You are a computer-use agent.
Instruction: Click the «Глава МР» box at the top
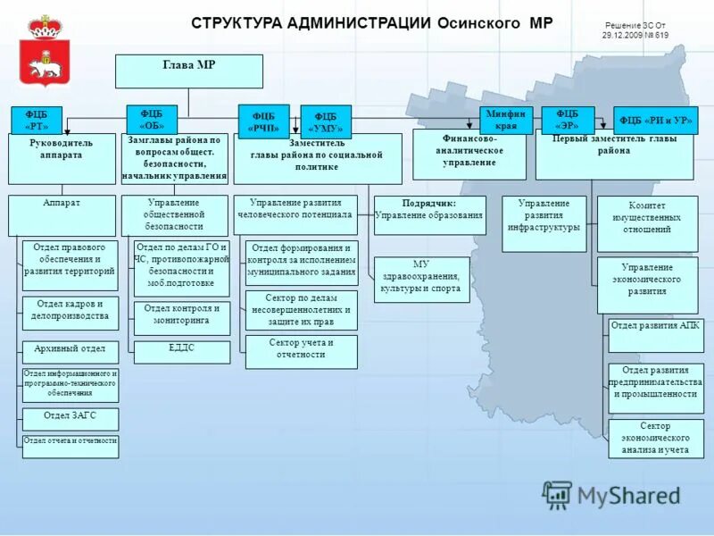[x=189, y=71]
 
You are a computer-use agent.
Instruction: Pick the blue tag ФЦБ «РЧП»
[x=263, y=121]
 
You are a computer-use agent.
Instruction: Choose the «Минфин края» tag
[x=506, y=120]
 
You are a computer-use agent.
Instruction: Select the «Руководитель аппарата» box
[x=62, y=156]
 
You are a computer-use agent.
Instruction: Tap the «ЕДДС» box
[x=181, y=351]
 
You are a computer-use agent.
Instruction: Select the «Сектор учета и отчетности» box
[x=301, y=351]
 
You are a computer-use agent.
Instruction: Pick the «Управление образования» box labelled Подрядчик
[x=429, y=214]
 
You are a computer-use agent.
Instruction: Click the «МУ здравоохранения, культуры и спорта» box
[x=421, y=279]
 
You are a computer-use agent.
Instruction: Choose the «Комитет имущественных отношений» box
[x=647, y=223]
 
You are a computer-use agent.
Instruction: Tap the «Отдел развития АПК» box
[x=655, y=335]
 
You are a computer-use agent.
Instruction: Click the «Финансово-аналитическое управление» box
[x=469, y=154]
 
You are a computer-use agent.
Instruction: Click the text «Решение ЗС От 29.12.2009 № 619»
[x=635, y=30]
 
